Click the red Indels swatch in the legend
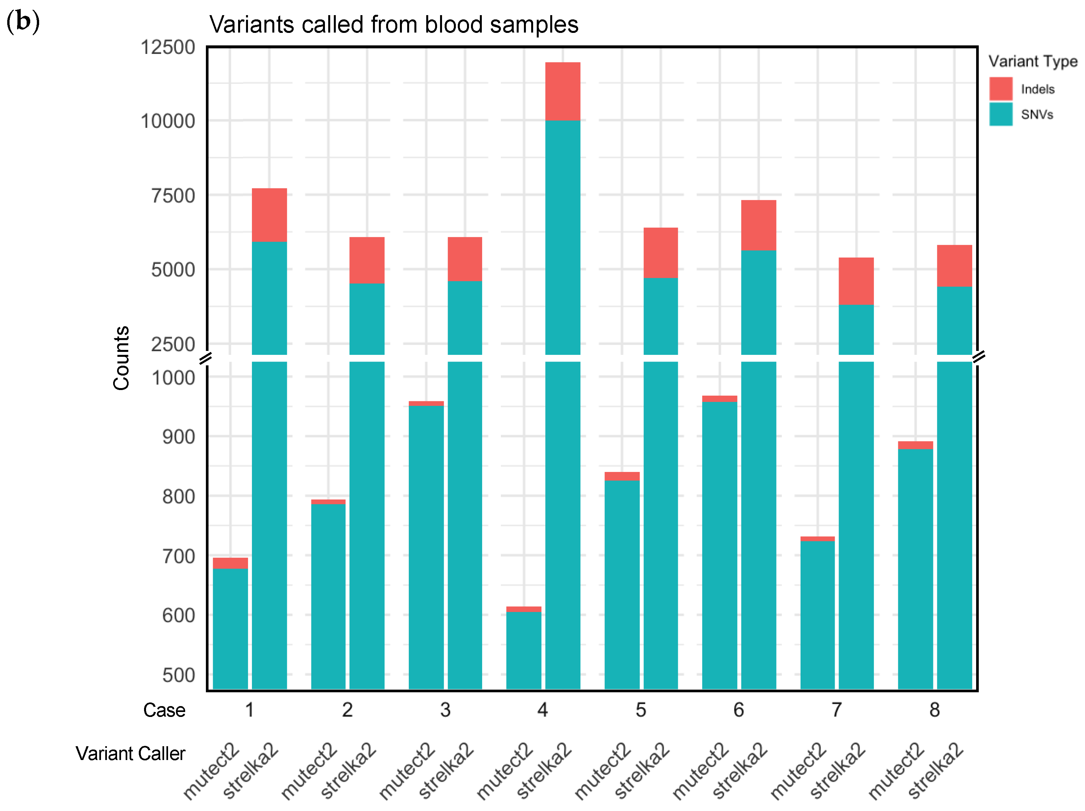tap(1000, 89)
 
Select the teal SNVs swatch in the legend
tap(1000, 114)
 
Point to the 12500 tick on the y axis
tap(168, 48)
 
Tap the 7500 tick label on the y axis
tap(173, 196)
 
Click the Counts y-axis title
tap(121, 358)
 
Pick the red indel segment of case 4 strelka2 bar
tap(563, 91)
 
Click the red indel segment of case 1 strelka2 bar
tap(269, 215)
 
